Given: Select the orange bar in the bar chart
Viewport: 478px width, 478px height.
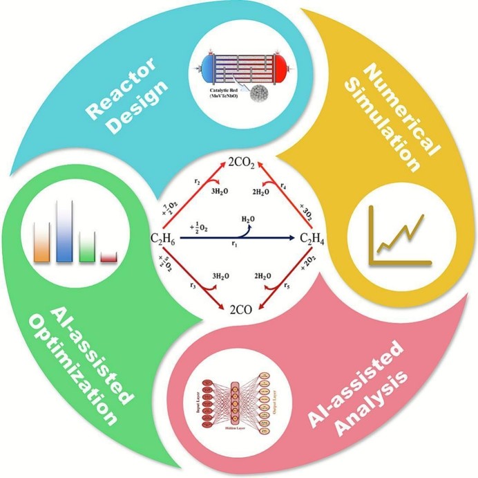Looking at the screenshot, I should [41, 242].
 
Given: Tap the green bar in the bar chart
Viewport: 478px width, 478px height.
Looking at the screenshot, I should [87, 245].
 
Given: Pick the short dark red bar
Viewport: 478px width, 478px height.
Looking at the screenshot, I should [108, 257].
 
